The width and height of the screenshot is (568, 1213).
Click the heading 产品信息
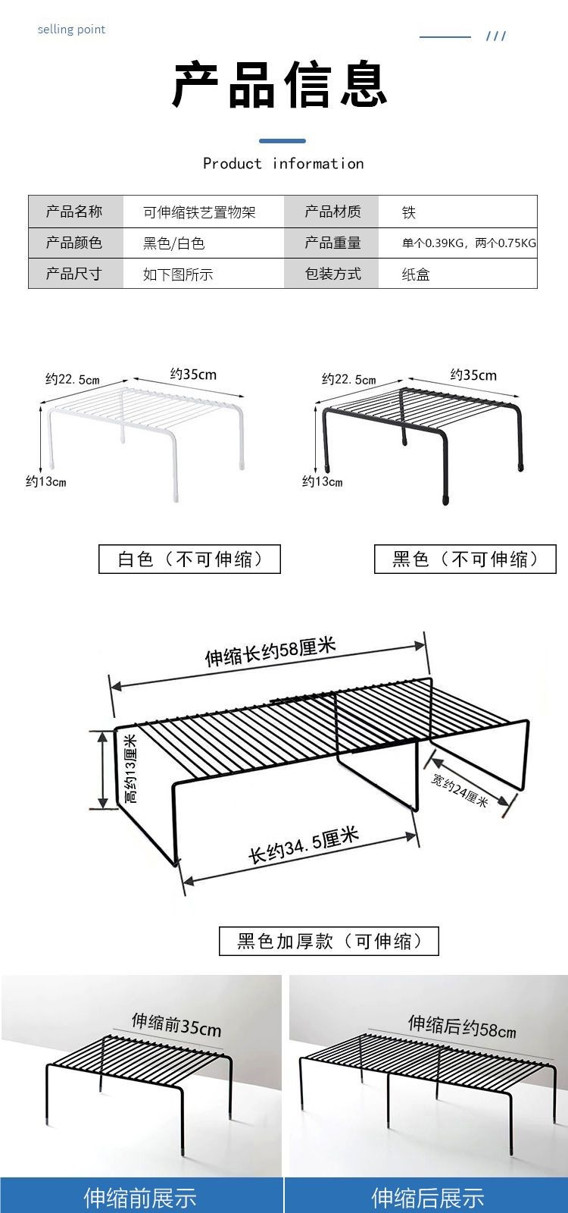280,83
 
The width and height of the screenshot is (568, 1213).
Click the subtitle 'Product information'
283,164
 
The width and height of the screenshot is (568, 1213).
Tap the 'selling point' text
71,30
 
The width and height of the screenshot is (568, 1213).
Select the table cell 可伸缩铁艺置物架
199,212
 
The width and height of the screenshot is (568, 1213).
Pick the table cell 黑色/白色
173,243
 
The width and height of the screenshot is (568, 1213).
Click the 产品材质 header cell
332,212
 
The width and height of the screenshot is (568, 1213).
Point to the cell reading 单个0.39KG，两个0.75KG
469,243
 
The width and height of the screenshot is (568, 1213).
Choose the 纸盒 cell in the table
416,274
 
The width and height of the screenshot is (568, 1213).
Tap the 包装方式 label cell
332,274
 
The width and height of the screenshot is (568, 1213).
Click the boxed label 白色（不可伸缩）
189,559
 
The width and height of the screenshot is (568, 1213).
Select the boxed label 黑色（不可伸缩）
465,559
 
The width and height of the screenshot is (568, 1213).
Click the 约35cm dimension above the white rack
193,374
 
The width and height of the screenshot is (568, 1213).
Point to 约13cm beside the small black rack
323,481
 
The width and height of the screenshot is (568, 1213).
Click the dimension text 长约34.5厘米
304,845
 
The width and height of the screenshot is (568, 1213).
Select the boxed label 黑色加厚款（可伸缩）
329,941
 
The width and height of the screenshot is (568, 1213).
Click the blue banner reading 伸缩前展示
141,1197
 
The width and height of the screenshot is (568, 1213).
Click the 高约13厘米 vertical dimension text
131,769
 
